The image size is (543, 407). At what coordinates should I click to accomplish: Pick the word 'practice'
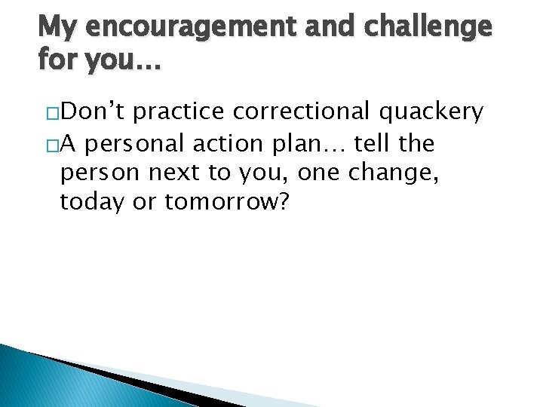[x=182, y=112]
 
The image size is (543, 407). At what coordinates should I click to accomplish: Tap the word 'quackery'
[x=430, y=113]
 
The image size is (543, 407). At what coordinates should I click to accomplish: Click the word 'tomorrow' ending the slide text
[x=226, y=202]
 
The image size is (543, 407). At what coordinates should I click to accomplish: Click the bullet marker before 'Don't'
[x=53, y=113]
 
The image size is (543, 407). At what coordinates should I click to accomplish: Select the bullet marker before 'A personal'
[x=53, y=144]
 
